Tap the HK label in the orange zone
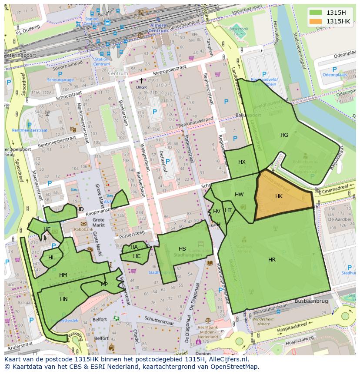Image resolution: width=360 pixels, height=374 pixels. [x=279, y=196]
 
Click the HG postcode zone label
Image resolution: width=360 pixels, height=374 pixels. [x=284, y=135]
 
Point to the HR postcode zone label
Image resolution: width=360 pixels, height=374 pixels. [x=272, y=260]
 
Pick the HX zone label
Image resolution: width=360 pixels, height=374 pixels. [x=242, y=162]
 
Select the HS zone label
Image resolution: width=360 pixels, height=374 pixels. [x=182, y=249]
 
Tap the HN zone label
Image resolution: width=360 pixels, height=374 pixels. [x=64, y=299]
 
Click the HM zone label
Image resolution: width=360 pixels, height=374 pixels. [x=63, y=275]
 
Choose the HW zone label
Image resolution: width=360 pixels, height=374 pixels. [x=239, y=195]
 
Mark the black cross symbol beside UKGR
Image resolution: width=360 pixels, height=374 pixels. [x=141, y=80]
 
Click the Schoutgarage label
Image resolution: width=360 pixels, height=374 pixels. [x=60, y=80]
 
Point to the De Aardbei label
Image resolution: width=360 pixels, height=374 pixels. [x=340, y=219]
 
